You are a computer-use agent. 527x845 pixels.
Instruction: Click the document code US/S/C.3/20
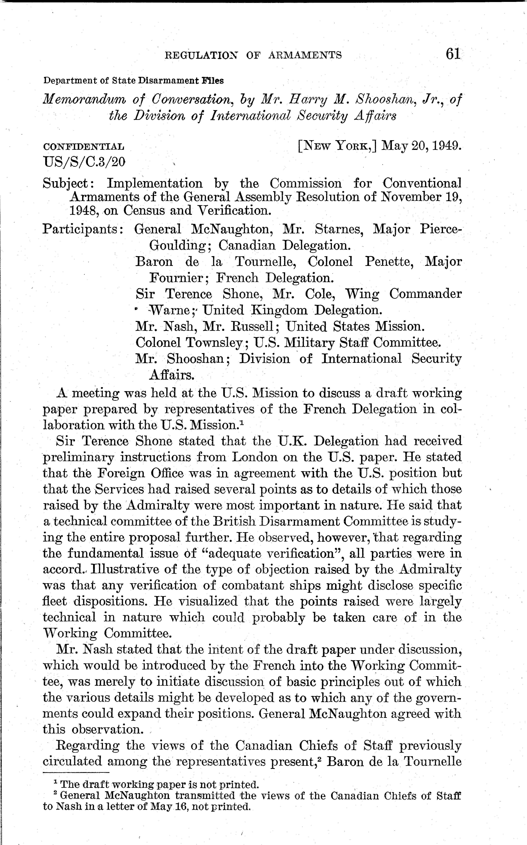coord(84,162)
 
